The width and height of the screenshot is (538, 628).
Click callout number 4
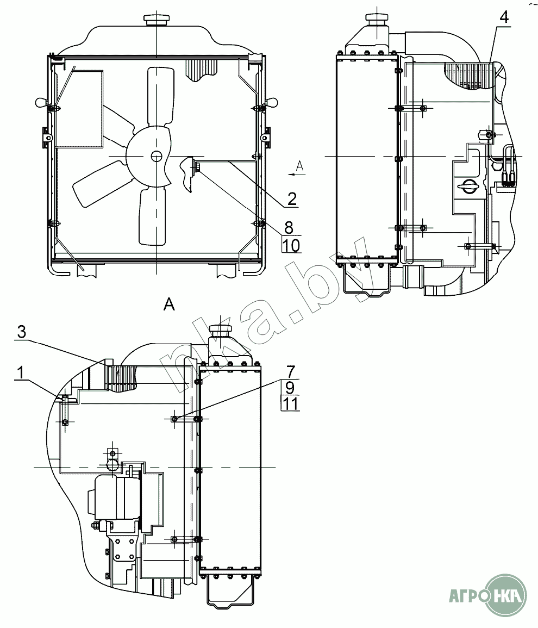coord(504,17)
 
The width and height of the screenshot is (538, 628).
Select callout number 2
coord(292,198)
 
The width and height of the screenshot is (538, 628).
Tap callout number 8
coord(289,227)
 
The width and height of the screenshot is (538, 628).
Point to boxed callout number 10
coord(291,245)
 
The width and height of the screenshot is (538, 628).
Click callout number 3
coord(22,332)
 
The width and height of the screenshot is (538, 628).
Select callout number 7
coord(291,371)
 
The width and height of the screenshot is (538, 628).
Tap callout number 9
coord(290,387)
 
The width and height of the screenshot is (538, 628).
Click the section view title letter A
coord(170,305)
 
